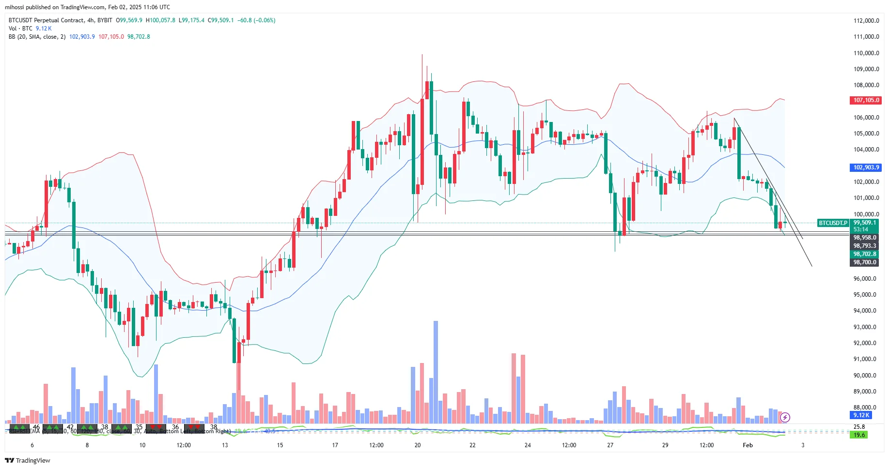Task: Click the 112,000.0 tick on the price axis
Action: tap(866, 21)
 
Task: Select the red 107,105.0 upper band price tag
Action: tap(866, 100)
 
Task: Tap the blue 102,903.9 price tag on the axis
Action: tap(866, 167)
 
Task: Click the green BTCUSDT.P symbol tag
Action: tap(833, 223)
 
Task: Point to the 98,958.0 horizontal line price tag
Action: tap(865, 238)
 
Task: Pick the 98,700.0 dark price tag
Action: tap(865, 262)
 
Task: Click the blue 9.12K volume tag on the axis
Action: tap(861, 415)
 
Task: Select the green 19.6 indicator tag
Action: tap(859, 435)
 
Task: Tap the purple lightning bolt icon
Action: tap(785, 417)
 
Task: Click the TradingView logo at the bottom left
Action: tap(28, 460)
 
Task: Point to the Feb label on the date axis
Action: tap(748, 445)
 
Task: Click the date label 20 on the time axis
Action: tap(418, 445)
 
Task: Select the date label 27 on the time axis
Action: tap(610, 445)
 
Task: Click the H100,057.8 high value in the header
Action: tap(160, 20)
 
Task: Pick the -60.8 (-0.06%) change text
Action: tap(256, 20)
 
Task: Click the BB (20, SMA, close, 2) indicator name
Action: tap(37, 37)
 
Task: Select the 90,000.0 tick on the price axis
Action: tap(866, 376)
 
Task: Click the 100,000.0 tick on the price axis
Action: tap(866, 214)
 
